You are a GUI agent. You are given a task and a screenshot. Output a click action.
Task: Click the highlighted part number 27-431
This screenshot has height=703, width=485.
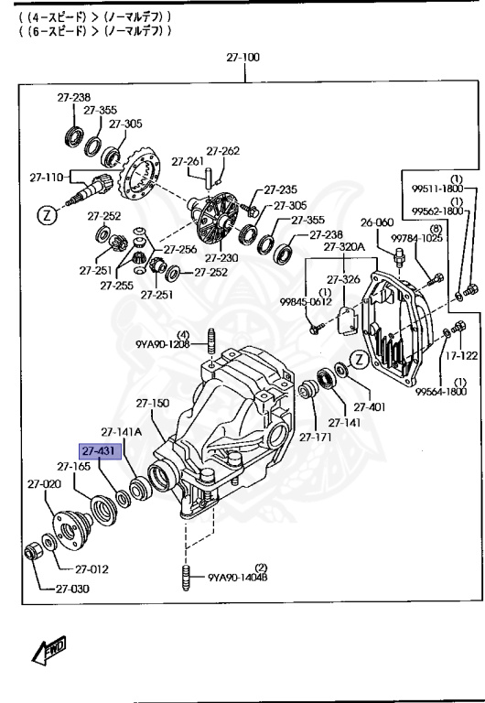pyautogui.click(x=100, y=451)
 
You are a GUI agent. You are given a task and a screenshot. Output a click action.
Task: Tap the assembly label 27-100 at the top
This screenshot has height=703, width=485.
pyautogui.click(x=242, y=58)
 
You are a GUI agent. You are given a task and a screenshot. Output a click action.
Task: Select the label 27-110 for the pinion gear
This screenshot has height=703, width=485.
pyautogui.click(x=47, y=178)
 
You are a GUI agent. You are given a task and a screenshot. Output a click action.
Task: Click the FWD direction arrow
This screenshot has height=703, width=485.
pyautogui.click(x=49, y=650)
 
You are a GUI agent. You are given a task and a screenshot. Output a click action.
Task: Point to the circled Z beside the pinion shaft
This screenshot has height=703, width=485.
pyautogui.click(x=47, y=216)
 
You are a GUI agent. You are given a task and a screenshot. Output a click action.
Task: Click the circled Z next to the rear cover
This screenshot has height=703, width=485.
pyautogui.click(x=359, y=360)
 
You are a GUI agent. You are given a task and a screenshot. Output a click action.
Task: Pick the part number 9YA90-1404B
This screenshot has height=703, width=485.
pyautogui.click(x=238, y=577)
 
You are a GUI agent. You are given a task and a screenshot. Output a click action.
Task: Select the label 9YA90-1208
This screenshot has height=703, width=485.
pyautogui.click(x=163, y=344)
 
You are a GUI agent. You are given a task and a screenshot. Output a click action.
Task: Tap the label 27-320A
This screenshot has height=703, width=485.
pyautogui.click(x=344, y=246)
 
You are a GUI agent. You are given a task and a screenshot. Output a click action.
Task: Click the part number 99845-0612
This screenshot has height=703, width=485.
pyautogui.click(x=307, y=302)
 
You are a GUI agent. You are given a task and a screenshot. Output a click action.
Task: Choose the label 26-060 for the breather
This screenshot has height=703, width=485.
pyautogui.click(x=377, y=222)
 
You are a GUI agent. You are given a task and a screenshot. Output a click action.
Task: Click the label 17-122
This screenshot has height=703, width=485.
pyautogui.click(x=461, y=356)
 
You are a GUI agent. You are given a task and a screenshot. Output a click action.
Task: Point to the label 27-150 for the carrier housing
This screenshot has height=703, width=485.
pyautogui.click(x=153, y=403)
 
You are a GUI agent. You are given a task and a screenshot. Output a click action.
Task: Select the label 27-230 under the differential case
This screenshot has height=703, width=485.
pyautogui.click(x=221, y=258)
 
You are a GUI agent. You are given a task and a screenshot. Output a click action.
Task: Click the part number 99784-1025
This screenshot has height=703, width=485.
pyautogui.click(x=417, y=238)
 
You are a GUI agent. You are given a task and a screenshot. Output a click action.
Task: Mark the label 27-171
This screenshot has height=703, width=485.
pyautogui.click(x=316, y=438)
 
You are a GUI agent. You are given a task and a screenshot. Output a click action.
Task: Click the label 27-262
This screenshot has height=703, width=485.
pyautogui.click(x=222, y=151)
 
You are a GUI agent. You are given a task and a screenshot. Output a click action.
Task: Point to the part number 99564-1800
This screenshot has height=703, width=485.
pyautogui.click(x=441, y=392)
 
